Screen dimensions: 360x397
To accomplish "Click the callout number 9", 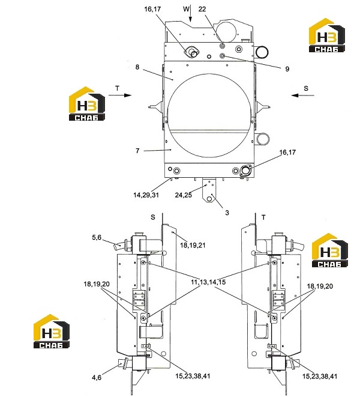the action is [x=287, y=69].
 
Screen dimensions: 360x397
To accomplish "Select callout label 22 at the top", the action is [x=202, y=9].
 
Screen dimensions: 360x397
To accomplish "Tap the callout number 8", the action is [x=137, y=67].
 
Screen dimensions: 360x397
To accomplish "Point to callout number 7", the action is [x=137, y=151].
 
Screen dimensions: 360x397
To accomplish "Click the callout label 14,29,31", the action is [x=146, y=195].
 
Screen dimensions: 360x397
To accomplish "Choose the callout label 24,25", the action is [x=184, y=195].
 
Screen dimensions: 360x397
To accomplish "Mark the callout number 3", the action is [x=227, y=213].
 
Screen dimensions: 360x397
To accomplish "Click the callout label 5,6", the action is [x=97, y=237].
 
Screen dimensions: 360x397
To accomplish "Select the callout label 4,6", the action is [x=97, y=378].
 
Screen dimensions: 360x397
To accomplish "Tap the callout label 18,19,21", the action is [x=193, y=245].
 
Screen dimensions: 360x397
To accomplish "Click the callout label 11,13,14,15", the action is [x=208, y=282].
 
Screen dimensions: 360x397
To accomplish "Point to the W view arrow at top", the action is [x=190, y=13].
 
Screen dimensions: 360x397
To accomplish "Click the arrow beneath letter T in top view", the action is [x=120, y=95].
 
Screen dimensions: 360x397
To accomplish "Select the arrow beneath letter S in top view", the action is [x=302, y=95].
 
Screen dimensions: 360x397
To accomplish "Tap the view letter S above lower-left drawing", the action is [x=153, y=217].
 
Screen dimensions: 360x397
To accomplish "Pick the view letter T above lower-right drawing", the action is [x=263, y=217].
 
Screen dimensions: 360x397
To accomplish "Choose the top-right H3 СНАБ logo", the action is [x=327, y=35].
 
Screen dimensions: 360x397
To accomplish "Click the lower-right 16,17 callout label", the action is [x=287, y=152].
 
